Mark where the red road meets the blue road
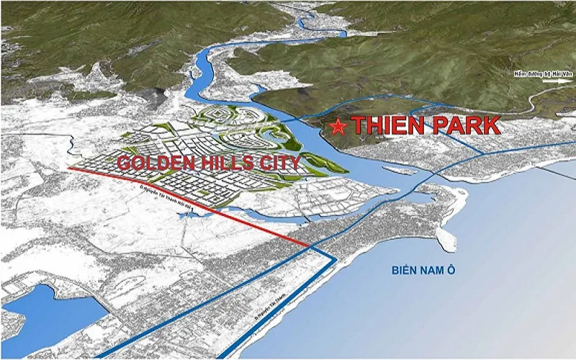point(311,246)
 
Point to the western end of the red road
point(70,168)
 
